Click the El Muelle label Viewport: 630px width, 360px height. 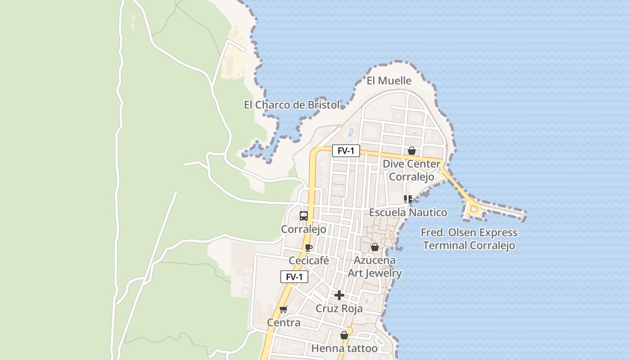(x=389, y=81)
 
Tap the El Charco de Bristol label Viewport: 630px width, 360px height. (x=292, y=105)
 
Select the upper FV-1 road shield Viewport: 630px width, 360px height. (x=346, y=151)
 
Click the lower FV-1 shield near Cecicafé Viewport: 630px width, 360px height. (x=294, y=277)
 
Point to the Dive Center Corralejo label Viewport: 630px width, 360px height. (x=411, y=170)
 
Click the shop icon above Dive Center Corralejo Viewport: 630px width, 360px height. (x=411, y=151)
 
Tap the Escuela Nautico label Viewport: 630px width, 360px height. (x=408, y=212)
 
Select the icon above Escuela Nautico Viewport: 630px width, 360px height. (x=408, y=199)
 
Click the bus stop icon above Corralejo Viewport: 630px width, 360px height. (x=304, y=216)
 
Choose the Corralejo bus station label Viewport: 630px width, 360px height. (x=304, y=229)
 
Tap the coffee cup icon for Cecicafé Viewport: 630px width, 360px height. (x=308, y=247)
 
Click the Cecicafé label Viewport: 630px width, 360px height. (x=309, y=261)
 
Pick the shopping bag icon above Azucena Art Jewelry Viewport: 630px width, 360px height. (x=374, y=247)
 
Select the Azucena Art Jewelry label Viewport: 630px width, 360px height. (x=375, y=266)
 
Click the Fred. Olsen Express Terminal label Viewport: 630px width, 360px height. (x=469, y=239)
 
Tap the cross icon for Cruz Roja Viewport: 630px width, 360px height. (x=339, y=295)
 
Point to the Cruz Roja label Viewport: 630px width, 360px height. (x=339, y=309)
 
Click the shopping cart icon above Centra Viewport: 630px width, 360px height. (x=283, y=309)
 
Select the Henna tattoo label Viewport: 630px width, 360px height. (x=344, y=348)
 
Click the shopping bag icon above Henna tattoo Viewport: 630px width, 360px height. (x=344, y=335)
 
